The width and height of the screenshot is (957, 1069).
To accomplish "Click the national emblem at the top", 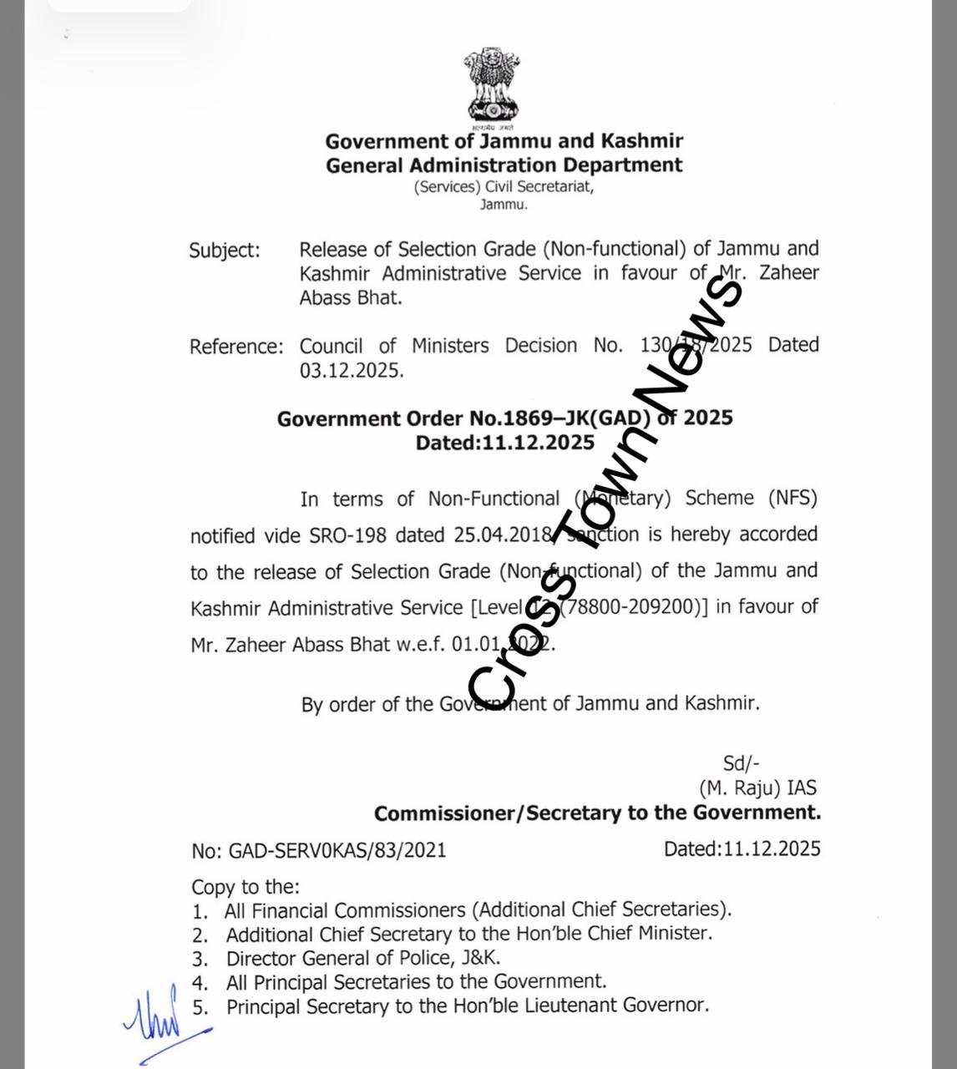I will (x=492, y=86).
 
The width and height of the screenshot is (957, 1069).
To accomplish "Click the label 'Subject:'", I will (x=225, y=251).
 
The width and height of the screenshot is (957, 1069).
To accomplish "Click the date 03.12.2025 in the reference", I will (x=352, y=370).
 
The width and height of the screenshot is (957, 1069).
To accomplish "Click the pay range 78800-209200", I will (x=630, y=607).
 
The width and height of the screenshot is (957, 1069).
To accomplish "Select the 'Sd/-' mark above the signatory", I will (x=741, y=762).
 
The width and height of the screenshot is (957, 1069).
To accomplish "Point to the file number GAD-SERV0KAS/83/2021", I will (x=337, y=850).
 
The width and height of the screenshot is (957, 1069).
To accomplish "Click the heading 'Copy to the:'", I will (x=246, y=887).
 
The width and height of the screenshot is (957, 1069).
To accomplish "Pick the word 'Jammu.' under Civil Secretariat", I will (x=504, y=205).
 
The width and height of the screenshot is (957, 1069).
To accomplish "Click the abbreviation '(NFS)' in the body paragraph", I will (x=792, y=499).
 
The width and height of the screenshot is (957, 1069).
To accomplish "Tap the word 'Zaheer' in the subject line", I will (x=789, y=273).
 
